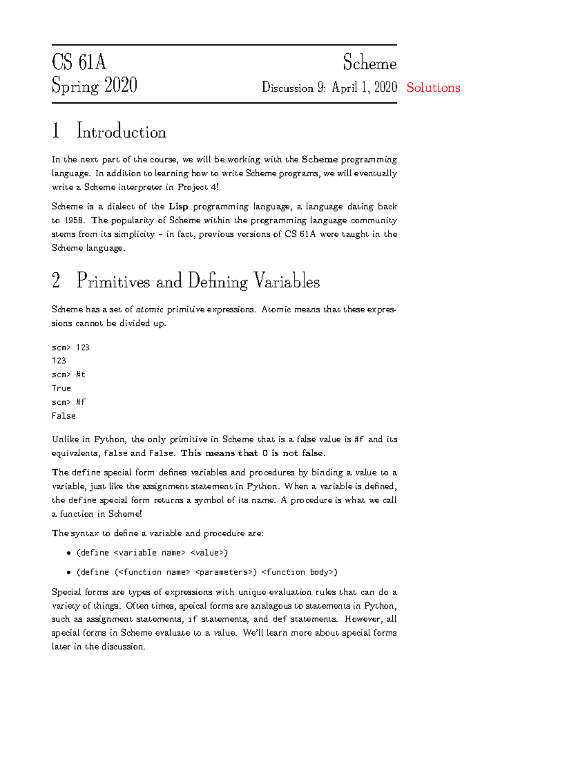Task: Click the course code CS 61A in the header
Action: click(79, 63)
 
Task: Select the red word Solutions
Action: click(433, 88)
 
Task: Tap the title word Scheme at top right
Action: click(369, 63)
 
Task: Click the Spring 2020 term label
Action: click(94, 86)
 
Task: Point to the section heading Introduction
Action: click(121, 132)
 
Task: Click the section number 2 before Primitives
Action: click(56, 281)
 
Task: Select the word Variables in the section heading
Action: click(287, 281)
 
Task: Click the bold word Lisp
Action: click(179, 207)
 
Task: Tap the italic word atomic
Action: click(149, 309)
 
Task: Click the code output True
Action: click(61, 388)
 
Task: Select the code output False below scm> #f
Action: click(64, 415)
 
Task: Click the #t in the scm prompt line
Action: click(81, 374)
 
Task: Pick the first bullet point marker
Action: click(68, 553)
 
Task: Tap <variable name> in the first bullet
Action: click(149, 553)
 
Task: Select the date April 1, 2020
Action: click(364, 88)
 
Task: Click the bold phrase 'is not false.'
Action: click(298, 453)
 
